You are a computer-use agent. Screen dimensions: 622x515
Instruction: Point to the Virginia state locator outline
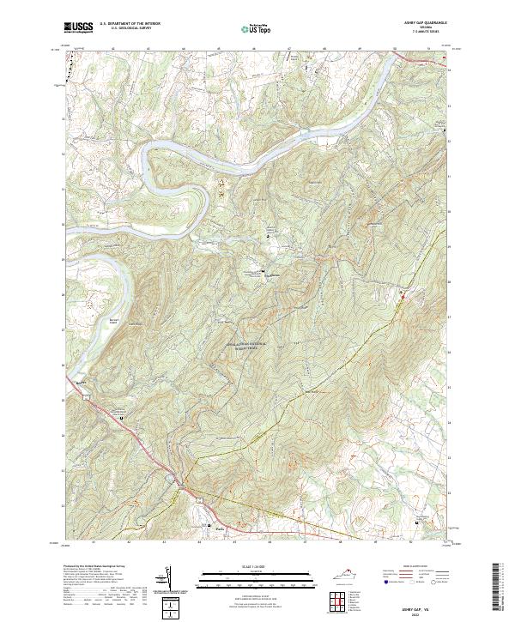[344, 578]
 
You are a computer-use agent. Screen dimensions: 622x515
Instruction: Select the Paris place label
[207, 527]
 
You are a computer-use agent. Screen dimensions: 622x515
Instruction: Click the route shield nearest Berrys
[87, 396]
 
